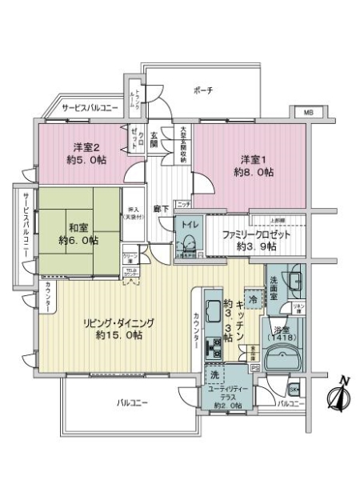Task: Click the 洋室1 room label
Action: [x=248, y=158]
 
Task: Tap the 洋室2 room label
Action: [x=86, y=146]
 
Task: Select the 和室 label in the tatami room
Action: [x=78, y=226]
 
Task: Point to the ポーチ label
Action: [x=203, y=91]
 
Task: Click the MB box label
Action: [x=308, y=114]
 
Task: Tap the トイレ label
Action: [x=190, y=226]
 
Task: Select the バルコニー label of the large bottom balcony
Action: [x=132, y=402]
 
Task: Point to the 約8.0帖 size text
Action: [x=250, y=171]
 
